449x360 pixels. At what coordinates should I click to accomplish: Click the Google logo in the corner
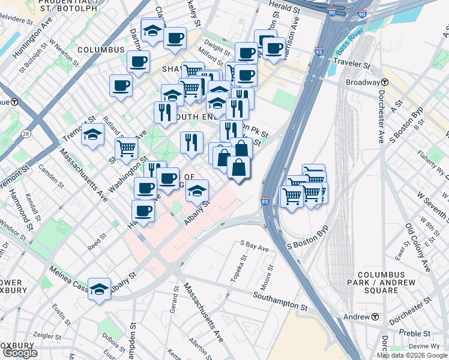tap(20, 353)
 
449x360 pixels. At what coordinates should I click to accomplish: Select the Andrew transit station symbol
tap(375, 317)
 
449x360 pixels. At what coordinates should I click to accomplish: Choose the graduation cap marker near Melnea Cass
tap(100, 288)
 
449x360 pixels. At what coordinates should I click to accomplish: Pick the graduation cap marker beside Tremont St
tap(92, 136)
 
